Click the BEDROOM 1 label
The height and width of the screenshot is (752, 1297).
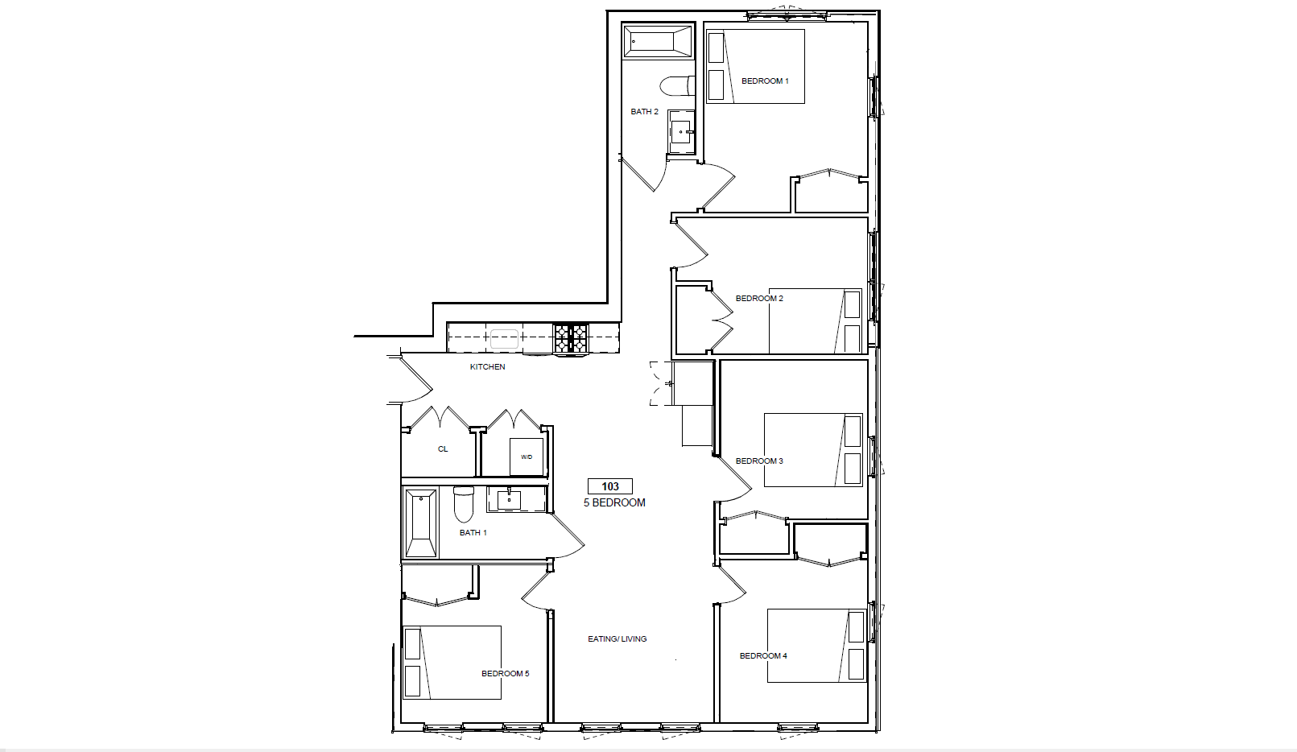coord(765,81)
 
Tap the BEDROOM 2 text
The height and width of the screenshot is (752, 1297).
coord(759,299)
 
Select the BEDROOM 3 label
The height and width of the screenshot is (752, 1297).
coord(759,461)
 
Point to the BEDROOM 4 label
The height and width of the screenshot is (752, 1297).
coord(763,656)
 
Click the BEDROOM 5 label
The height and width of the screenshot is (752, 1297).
coord(506,674)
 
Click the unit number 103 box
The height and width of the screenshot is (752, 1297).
coord(610,486)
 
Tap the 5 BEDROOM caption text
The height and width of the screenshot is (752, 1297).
coord(614,503)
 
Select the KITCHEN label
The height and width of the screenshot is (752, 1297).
coord(488,367)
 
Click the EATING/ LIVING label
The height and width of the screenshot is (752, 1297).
coord(618,639)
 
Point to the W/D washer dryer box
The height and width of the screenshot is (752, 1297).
coord(527,457)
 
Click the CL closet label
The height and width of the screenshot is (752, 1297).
coord(443,449)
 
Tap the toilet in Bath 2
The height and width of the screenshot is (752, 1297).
coord(678,85)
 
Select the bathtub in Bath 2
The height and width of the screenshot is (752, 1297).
coord(658,41)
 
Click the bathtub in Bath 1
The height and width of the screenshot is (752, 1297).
coord(420,523)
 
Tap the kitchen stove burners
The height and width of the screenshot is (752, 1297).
coord(571,338)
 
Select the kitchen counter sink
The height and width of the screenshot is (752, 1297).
coord(505,339)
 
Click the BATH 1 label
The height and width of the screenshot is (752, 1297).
coord(473,533)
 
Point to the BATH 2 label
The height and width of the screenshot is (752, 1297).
coord(645,112)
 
